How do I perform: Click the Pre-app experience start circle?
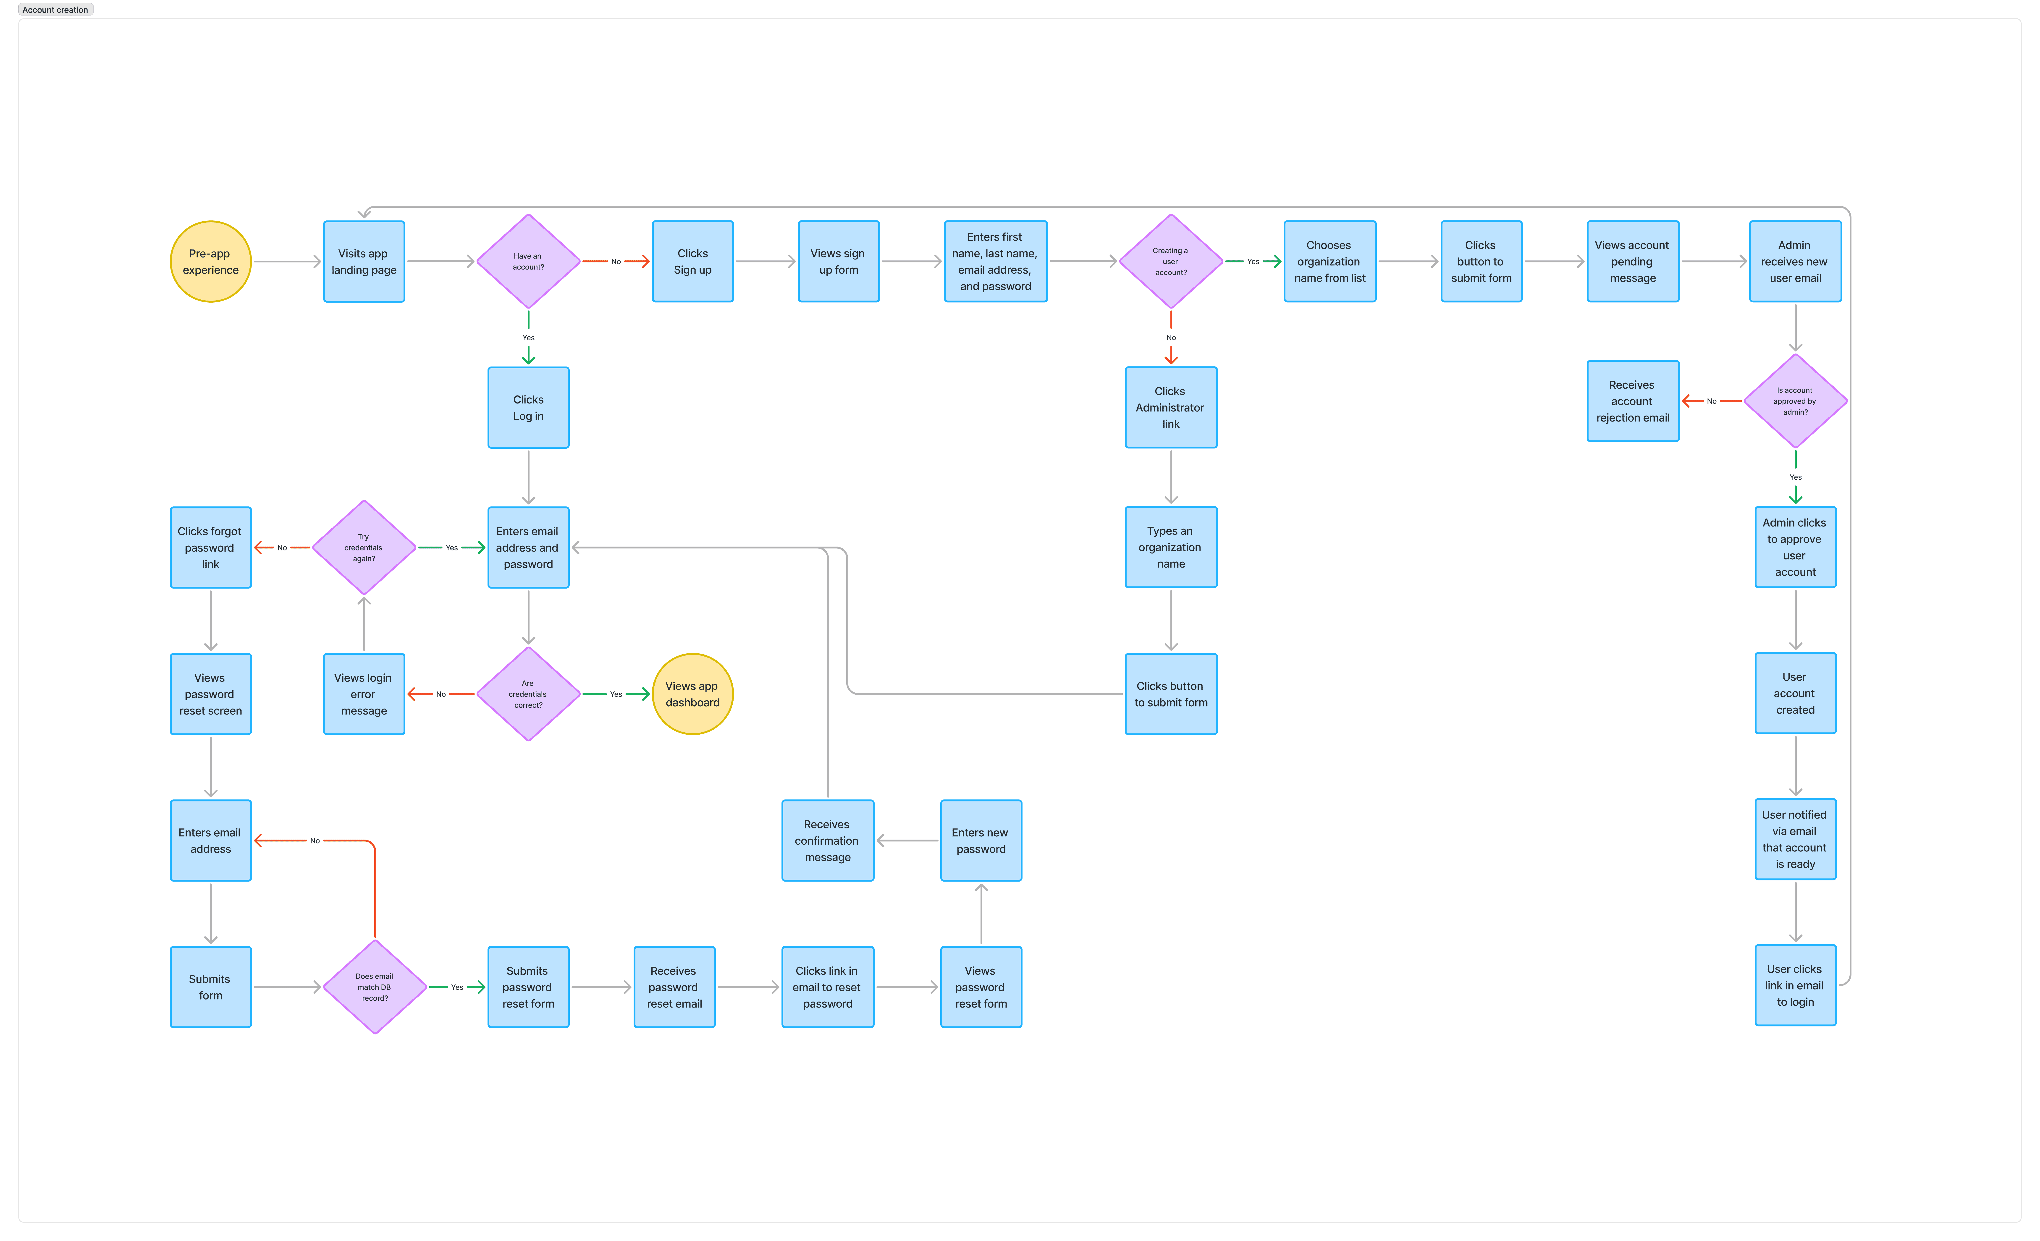pyautogui.click(x=210, y=262)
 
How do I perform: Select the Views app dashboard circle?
pyautogui.click(x=692, y=694)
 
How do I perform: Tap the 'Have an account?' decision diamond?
pyautogui.click(x=528, y=262)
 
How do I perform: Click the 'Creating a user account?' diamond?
pyautogui.click(x=1171, y=262)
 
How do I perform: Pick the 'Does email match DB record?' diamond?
pyautogui.click(x=375, y=987)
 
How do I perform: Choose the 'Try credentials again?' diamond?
pyautogui.click(x=363, y=547)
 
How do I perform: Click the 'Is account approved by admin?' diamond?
pyautogui.click(x=1795, y=401)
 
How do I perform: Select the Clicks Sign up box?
pyautogui.click(x=692, y=262)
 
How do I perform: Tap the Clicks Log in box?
pyautogui.click(x=528, y=407)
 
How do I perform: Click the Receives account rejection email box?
pyautogui.click(x=1633, y=401)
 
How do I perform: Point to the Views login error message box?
pyautogui.click(x=363, y=694)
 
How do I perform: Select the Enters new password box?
pyautogui.click(x=981, y=840)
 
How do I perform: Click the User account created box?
pyautogui.click(x=1795, y=693)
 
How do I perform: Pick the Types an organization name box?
pyautogui.click(x=1171, y=547)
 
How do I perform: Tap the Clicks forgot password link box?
pyautogui.click(x=210, y=547)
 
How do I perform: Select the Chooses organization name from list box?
pyautogui.click(x=1330, y=262)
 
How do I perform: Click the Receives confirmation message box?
pyautogui.click(x=827, y=840)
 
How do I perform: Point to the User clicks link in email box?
pyautogui.click(x=1795, y=985)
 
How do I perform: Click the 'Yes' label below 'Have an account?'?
pyautogui.click(x=528, y=338)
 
